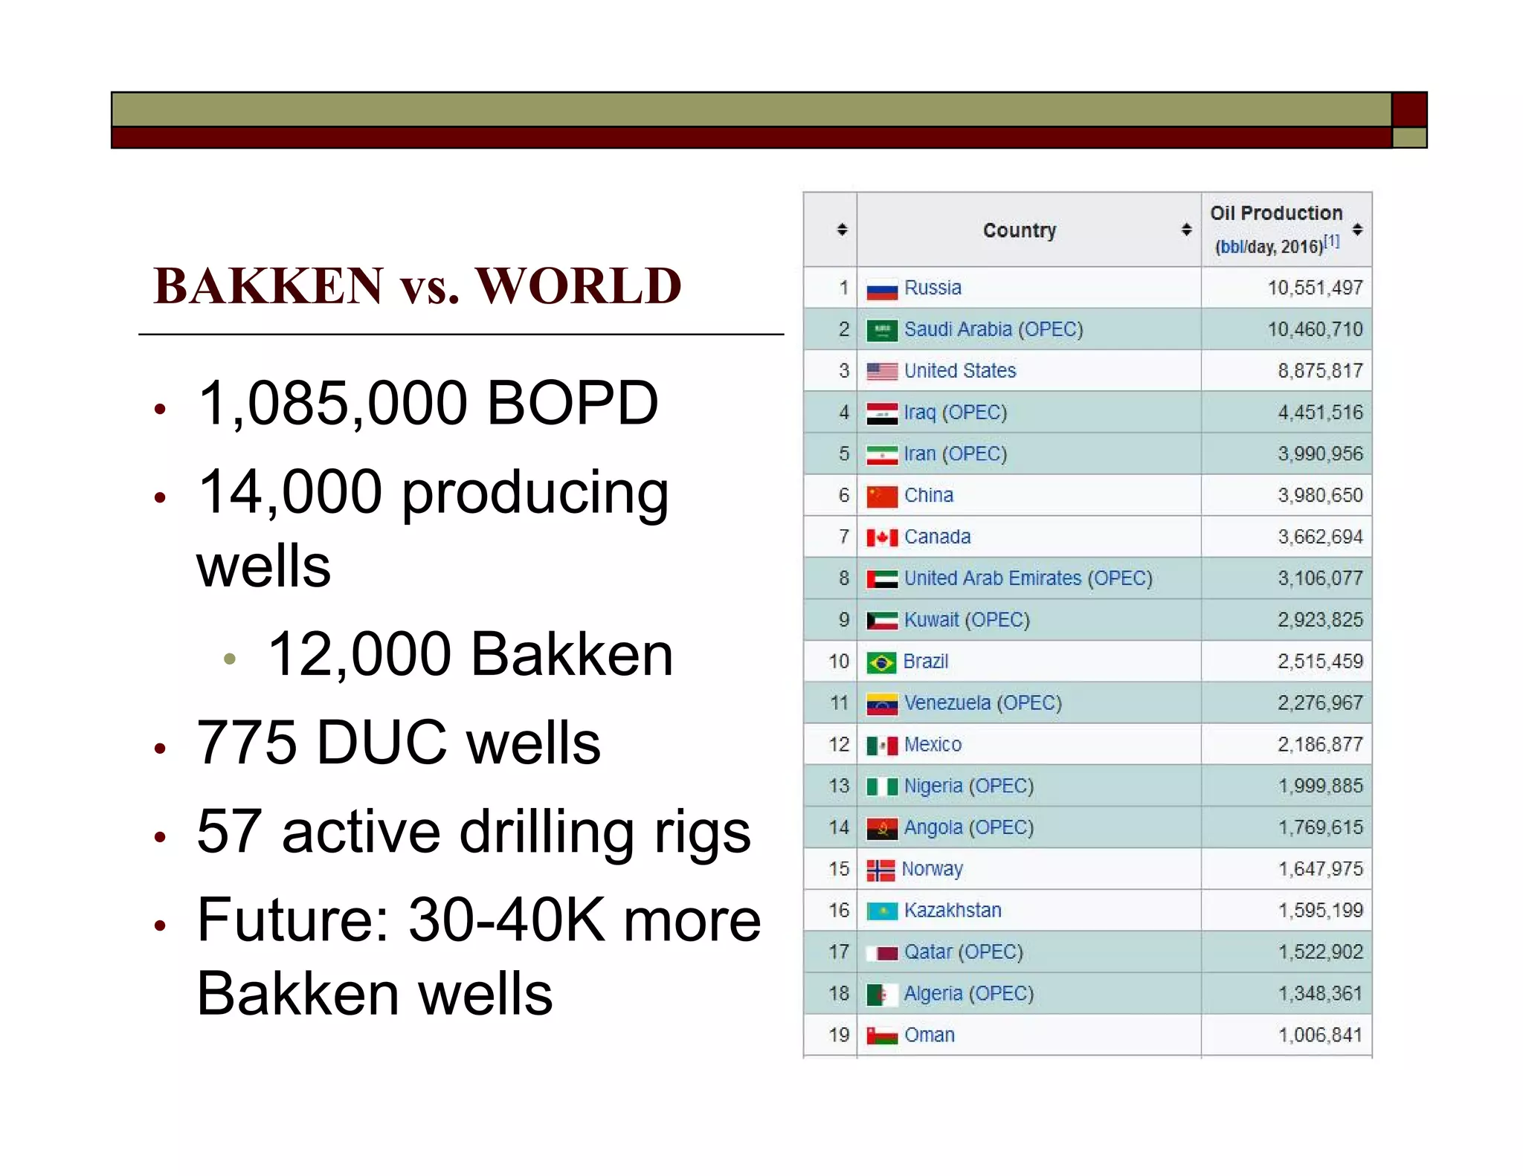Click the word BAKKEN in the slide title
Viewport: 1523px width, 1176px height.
click(x=268, y=286)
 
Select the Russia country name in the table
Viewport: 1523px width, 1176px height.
click(x=933, y=288)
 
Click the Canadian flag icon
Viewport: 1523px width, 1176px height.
click(x=881, y=537)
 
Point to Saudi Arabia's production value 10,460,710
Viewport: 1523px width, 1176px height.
click(x=1315, y=329)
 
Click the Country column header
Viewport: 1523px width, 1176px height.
click(x=1019, y=230)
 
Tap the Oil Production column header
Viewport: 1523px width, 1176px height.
click(x=1276, y=213)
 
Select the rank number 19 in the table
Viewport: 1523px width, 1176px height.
click(x=839, y=1035)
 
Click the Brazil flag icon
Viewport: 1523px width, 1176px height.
click(x=881, y=662)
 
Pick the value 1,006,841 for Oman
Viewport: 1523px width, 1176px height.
click(x=1320, y=1035)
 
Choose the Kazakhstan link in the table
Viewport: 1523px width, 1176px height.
click(x=953, y=911)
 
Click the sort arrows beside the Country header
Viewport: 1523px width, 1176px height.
click(x=1186, y=230)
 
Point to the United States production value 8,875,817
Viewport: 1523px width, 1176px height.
click(x=1320, y=371)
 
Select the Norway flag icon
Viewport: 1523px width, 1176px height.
click(x=880, y=870)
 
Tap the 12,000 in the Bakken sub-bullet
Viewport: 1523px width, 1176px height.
click(x=359, y=655)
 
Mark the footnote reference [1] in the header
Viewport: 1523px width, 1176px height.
click(x=1332, y=242)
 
